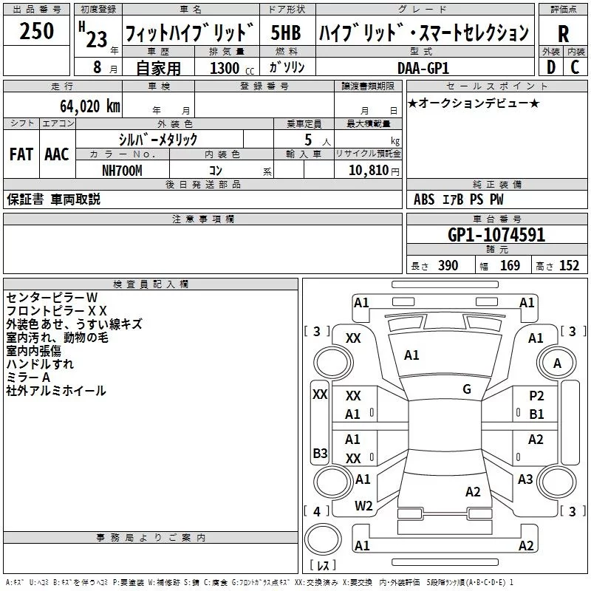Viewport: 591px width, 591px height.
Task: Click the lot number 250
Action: [x=37, y=32]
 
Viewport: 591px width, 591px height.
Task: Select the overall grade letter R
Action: [x=563, y=33]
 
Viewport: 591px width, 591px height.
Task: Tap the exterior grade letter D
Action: [x=550, y=67]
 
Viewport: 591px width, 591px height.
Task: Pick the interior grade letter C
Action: [x=575, y=67]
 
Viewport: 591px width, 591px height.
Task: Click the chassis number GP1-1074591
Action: [x=496, y=235]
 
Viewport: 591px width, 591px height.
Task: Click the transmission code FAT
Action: [x=21, y=154]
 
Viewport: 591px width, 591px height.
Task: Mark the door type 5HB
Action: [x=286, y=33]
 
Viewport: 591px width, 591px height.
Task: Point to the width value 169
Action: [x=510, y=266]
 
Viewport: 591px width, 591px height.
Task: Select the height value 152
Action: [x=569, y=266]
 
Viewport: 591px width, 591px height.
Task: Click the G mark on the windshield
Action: [x=467, y=389]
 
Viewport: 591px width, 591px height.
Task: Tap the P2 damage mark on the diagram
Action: [x=536, y=396]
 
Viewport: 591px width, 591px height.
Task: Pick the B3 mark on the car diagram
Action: [x=320, y=453]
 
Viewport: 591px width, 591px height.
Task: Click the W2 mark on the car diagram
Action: [x=363, y=506]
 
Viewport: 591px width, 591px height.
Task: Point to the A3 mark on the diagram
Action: [x=525, y=479]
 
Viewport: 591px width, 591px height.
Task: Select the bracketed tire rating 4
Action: [x=317, y=511]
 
